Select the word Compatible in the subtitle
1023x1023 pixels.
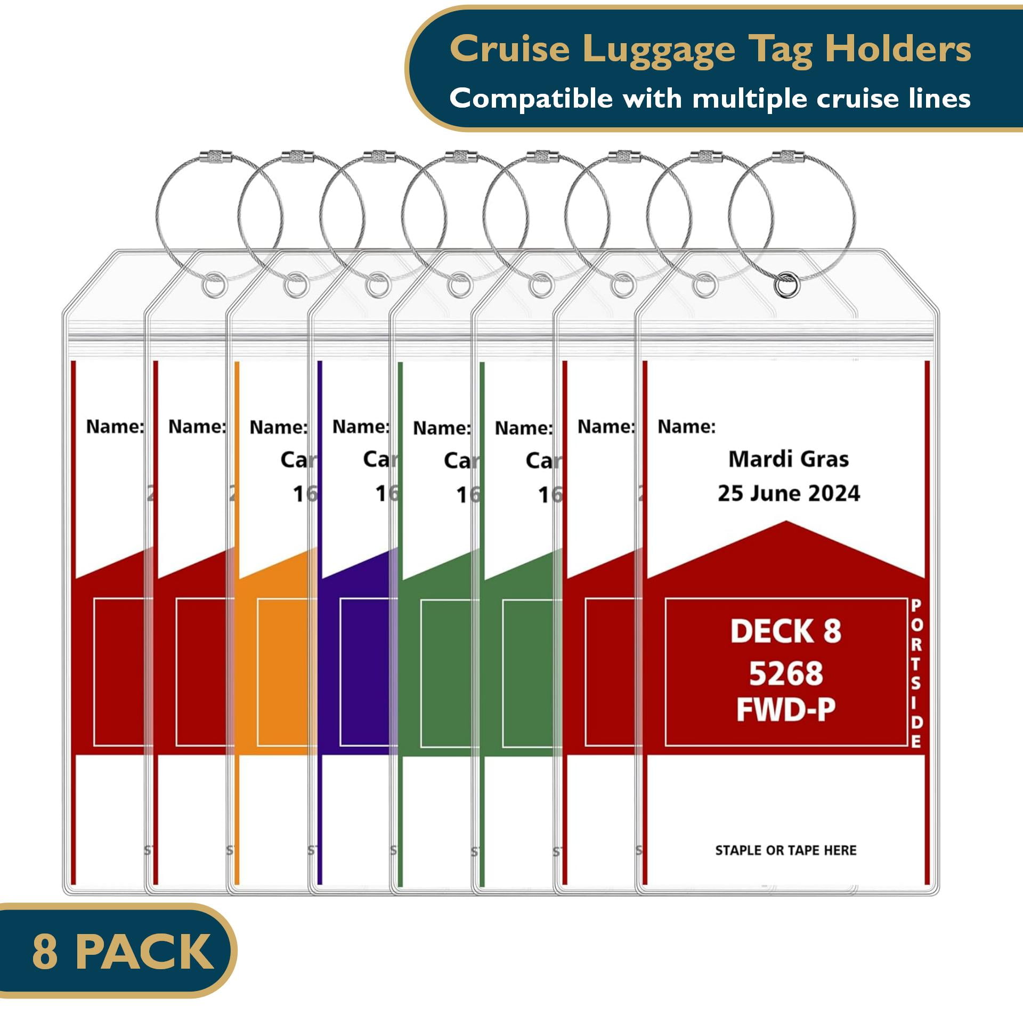point(531,99)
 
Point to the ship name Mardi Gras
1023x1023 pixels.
point(788,459)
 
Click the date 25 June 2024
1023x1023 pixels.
point(789,493)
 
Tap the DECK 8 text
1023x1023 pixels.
point(785,631)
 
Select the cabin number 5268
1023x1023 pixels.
point(786,673)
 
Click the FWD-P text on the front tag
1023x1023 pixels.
point(786,710)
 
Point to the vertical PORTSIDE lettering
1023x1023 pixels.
point(916,673)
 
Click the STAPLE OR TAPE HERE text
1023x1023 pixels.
point(786,850)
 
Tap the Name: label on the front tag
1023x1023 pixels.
point(686,427)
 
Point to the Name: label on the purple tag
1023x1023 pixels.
point(361,427)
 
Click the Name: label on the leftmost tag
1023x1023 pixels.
point(115,427)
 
